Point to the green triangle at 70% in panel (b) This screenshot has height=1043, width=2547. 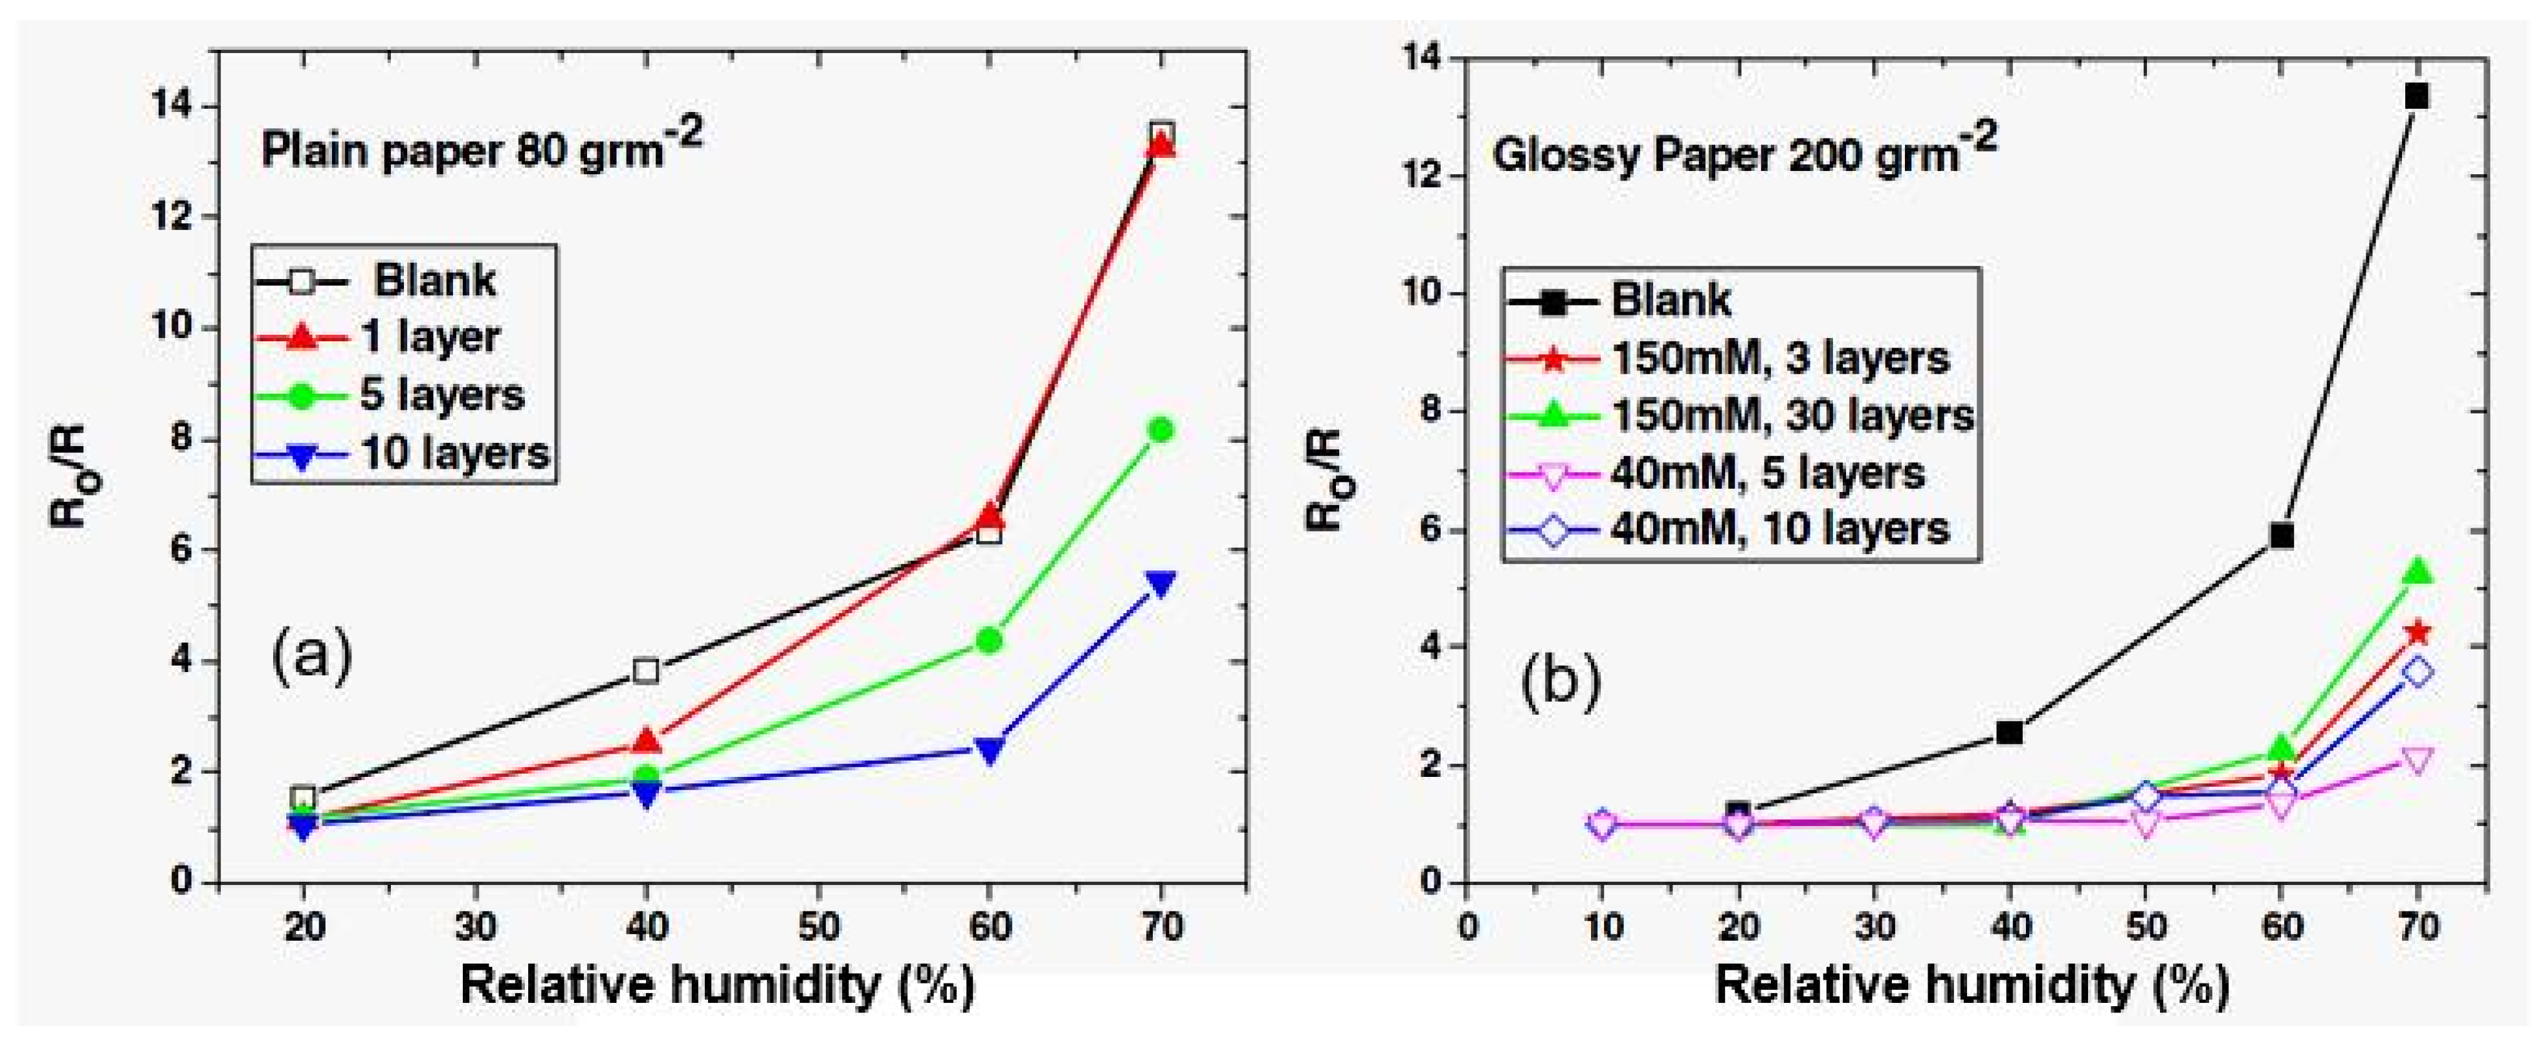coord(2418,572)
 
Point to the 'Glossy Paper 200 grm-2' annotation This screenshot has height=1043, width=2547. coord(1743,153)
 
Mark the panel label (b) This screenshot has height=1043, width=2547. coord(1560,682)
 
